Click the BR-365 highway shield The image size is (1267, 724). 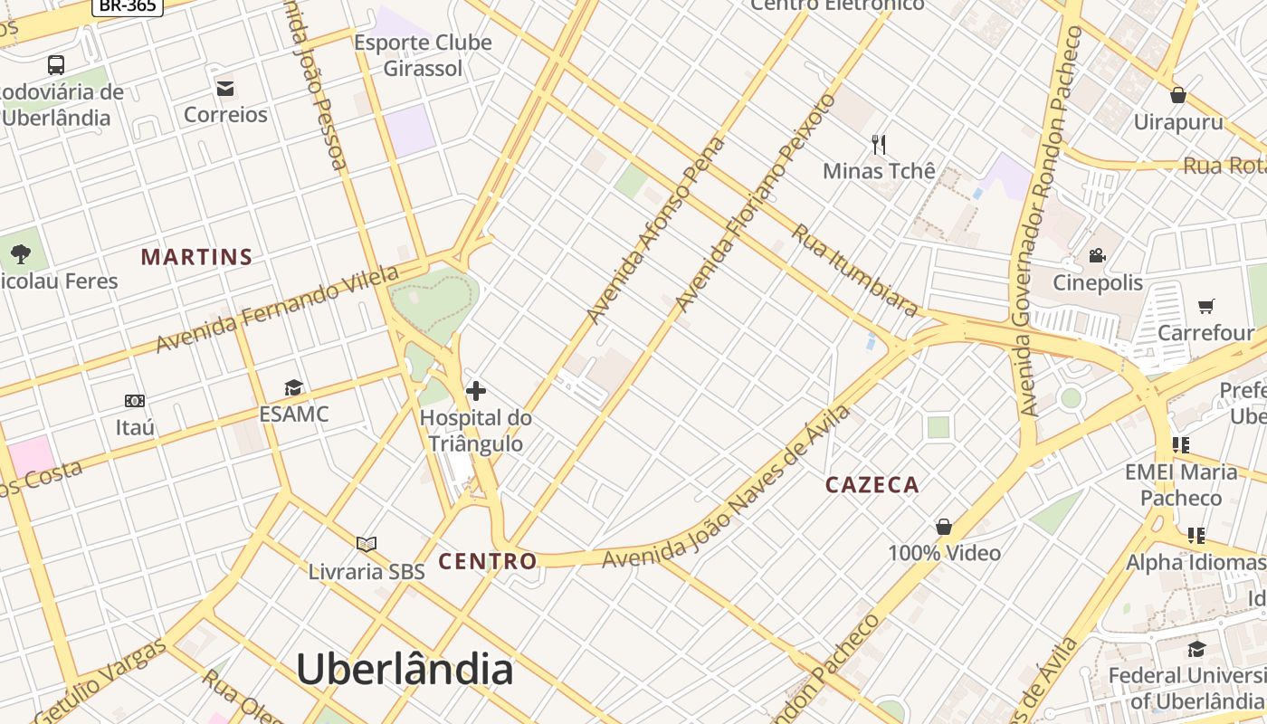[x=127, y=5]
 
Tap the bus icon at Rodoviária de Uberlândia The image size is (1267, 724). [x=56, y=65]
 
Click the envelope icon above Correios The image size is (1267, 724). [x=225, y=88]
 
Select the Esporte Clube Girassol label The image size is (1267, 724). [x=423, y=55]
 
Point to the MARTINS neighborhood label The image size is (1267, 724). [x=196, y=257]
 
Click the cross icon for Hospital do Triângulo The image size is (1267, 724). [x=476, y=391]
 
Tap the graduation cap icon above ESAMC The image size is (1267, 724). [x=293, y=388]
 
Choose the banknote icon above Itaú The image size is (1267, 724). [x=135, y=400]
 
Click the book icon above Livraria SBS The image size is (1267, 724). [x=367, y=544]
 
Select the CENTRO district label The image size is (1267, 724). [x=488, y=561]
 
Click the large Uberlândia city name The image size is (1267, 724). [x=405, y=670]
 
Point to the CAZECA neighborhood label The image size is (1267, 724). [x=872, y=485]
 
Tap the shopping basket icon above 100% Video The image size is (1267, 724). [x=944, y=527]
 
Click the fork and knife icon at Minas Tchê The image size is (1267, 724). [x=878, y=144]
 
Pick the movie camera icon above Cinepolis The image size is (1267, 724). [x=1098, y=255]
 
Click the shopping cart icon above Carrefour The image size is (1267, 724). [x=1205, y=306]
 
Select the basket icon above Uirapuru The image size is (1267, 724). [x=1178, y=94]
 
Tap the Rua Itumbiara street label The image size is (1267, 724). [x=855, y=270]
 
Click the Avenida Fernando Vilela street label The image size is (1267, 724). [x=277, y=310]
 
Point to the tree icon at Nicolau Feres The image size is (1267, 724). [x=21, y=254]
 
